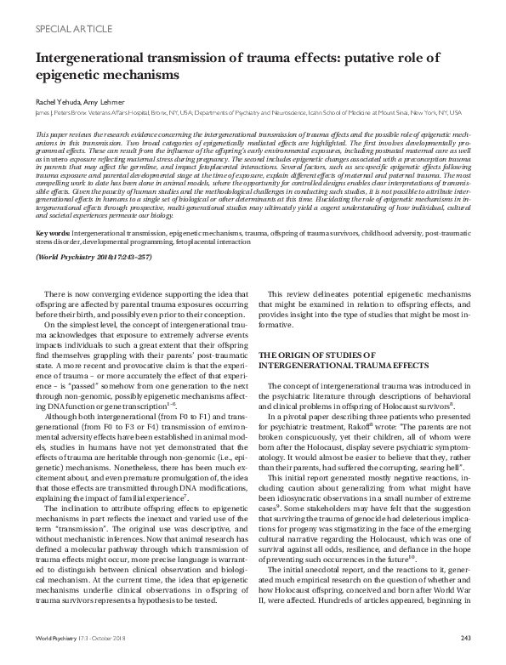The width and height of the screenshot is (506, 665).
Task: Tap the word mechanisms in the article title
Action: tap(141, 74)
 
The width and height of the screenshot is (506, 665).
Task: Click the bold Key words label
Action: tap(52, 208)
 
